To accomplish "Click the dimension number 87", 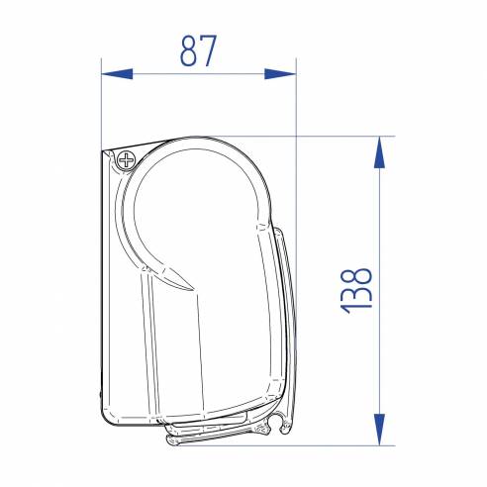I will click(x=199, y=50).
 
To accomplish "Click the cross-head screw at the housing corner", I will click(x=127, y=159).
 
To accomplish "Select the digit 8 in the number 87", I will click(x=188, y=50).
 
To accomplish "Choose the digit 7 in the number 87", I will click(x=210, y=50).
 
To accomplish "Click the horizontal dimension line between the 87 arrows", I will click(x=198, y=73).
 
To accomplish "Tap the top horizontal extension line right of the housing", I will click(x=337, y=136).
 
